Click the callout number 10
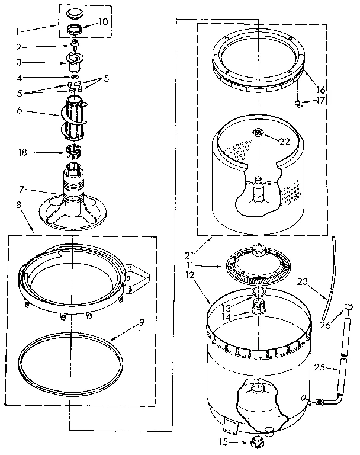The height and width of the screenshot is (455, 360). coord(104,22)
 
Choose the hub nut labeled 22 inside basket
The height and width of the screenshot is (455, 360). coord(259,133)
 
